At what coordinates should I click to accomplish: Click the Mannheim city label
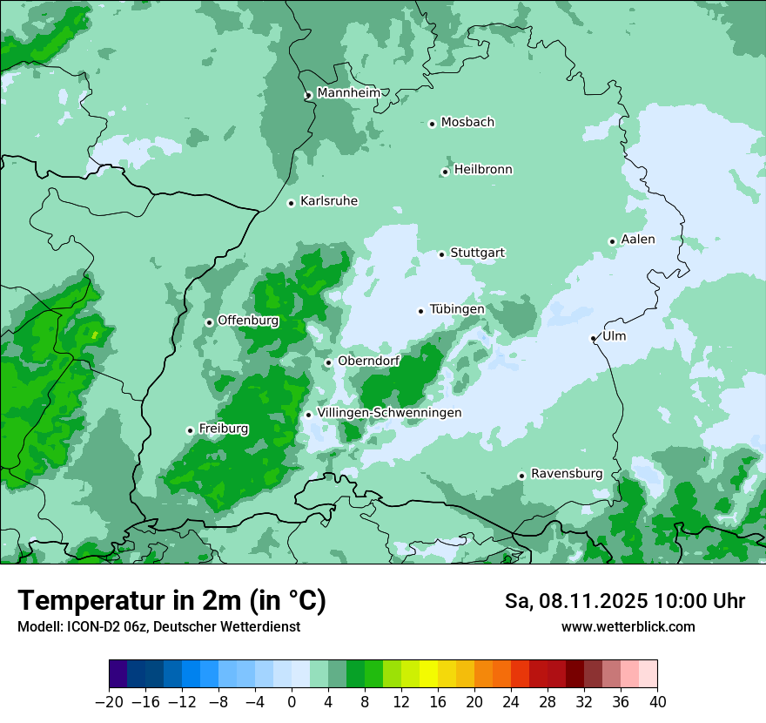click(348, 93)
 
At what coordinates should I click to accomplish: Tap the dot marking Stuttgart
click(441, 254)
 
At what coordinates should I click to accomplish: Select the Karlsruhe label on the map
click(329, 201)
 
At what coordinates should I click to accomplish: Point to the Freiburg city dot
click(190, 430)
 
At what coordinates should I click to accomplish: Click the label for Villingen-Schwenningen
click(389, 413)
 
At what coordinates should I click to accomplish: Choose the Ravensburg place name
click(567, 474)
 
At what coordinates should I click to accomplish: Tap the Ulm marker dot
click(593, 338)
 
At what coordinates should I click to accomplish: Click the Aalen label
click(638, 240)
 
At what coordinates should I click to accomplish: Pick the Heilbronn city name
click(483, 170)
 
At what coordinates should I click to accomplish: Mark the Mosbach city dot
click(432, 124)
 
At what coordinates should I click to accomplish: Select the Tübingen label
click(457, 309)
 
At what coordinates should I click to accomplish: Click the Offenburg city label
click(248, 321)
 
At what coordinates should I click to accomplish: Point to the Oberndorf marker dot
click(328, 362)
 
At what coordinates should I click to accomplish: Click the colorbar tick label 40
click(657, 702)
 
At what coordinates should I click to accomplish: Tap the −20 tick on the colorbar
click(109, 702)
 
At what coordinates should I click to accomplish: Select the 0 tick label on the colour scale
click(292, 702)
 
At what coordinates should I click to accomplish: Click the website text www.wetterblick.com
click(628, 626)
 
